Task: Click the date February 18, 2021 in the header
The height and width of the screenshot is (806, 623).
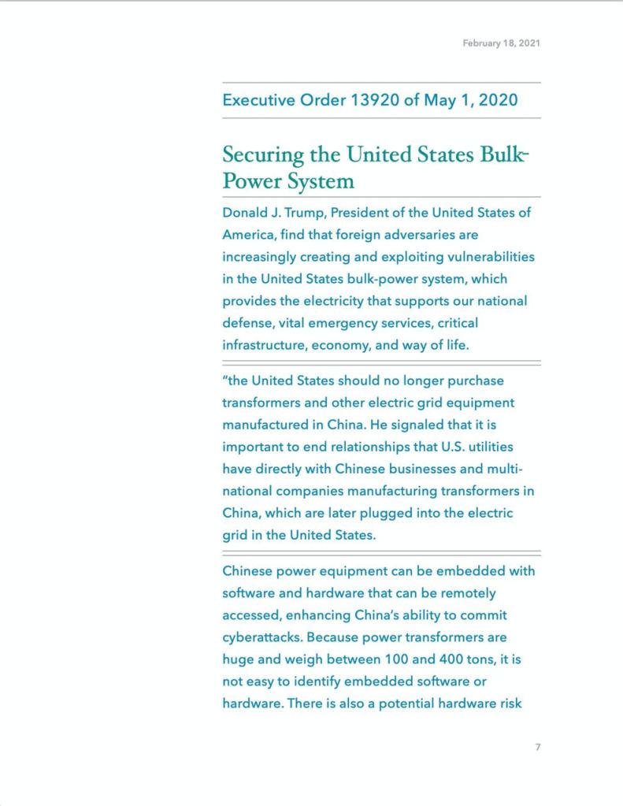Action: [501, 43]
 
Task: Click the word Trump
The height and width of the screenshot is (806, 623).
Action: [308, 214]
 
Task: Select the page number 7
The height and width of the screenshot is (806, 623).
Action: [538, 747]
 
